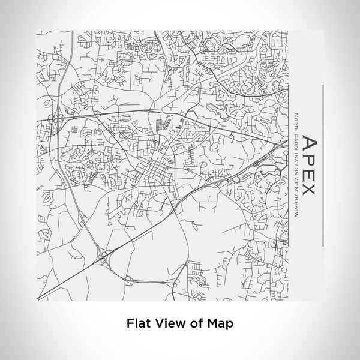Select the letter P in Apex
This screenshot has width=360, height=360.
pyautogui.click(x=308, y=159)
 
